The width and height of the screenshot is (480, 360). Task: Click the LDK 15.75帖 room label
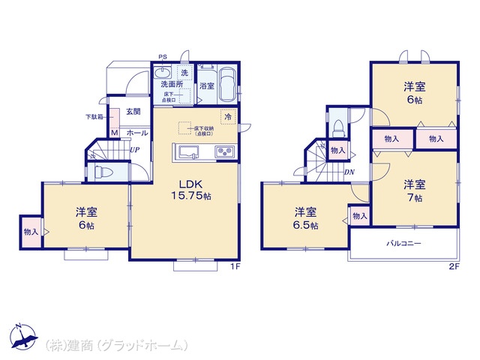tap(193, 190)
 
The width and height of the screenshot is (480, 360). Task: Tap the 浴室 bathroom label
tap(207, 86)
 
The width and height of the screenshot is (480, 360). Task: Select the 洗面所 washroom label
tap(172, 85)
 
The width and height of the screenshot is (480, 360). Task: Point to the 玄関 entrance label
tap(133, 112)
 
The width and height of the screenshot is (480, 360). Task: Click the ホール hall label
tap(136, 133)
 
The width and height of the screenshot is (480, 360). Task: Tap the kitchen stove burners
tap(226, 152)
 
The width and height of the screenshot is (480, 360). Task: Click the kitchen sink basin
tap(187, 154)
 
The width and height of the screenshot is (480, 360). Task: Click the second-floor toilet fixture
tap(337, 127)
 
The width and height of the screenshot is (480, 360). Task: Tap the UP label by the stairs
tap(133, 149)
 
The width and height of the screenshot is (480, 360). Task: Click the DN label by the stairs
tap(349, 172)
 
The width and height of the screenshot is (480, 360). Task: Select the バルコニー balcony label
tap(403, 244)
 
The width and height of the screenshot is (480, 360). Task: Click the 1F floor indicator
tap(233, 265)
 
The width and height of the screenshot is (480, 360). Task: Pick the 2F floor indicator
tap(453, 265)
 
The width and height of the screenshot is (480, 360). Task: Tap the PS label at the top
tap(162, 56)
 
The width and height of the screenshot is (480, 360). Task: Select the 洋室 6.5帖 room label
tap(304, 217)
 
